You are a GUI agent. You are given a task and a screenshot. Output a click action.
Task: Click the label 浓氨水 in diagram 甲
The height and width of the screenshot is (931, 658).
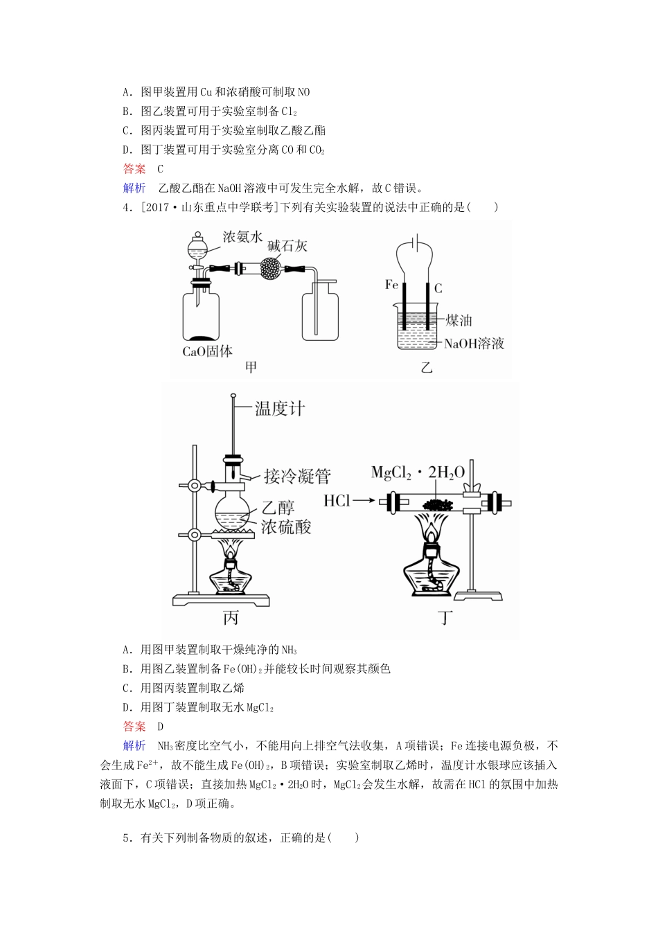pos(242,238)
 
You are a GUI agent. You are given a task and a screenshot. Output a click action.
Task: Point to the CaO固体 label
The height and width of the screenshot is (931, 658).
pos(207,351)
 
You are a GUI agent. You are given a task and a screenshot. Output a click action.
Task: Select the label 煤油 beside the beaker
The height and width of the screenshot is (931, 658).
pos(459,320)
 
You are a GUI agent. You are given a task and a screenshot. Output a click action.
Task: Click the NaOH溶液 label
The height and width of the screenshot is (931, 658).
pos(474,343)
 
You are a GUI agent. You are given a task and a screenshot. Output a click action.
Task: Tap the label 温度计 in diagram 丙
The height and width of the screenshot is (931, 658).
pos(279,408)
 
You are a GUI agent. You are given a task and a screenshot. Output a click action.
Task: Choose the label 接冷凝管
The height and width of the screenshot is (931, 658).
pos(297,476)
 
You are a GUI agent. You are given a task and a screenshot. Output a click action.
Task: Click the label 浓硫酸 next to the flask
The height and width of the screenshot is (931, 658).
pos(286,527)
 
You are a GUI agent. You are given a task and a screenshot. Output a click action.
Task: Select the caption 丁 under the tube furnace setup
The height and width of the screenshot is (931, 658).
pos(445,617)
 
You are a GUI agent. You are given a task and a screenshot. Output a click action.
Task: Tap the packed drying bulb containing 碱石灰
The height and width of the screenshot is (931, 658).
pos(271,267)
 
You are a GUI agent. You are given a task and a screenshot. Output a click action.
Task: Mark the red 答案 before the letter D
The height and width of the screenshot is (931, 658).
pos(134,727)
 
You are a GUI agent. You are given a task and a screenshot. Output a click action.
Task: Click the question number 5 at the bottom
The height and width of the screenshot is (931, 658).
pos(126,837)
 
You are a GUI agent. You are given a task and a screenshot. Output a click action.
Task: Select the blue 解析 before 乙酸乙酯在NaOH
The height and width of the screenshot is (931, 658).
pos(134,188)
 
